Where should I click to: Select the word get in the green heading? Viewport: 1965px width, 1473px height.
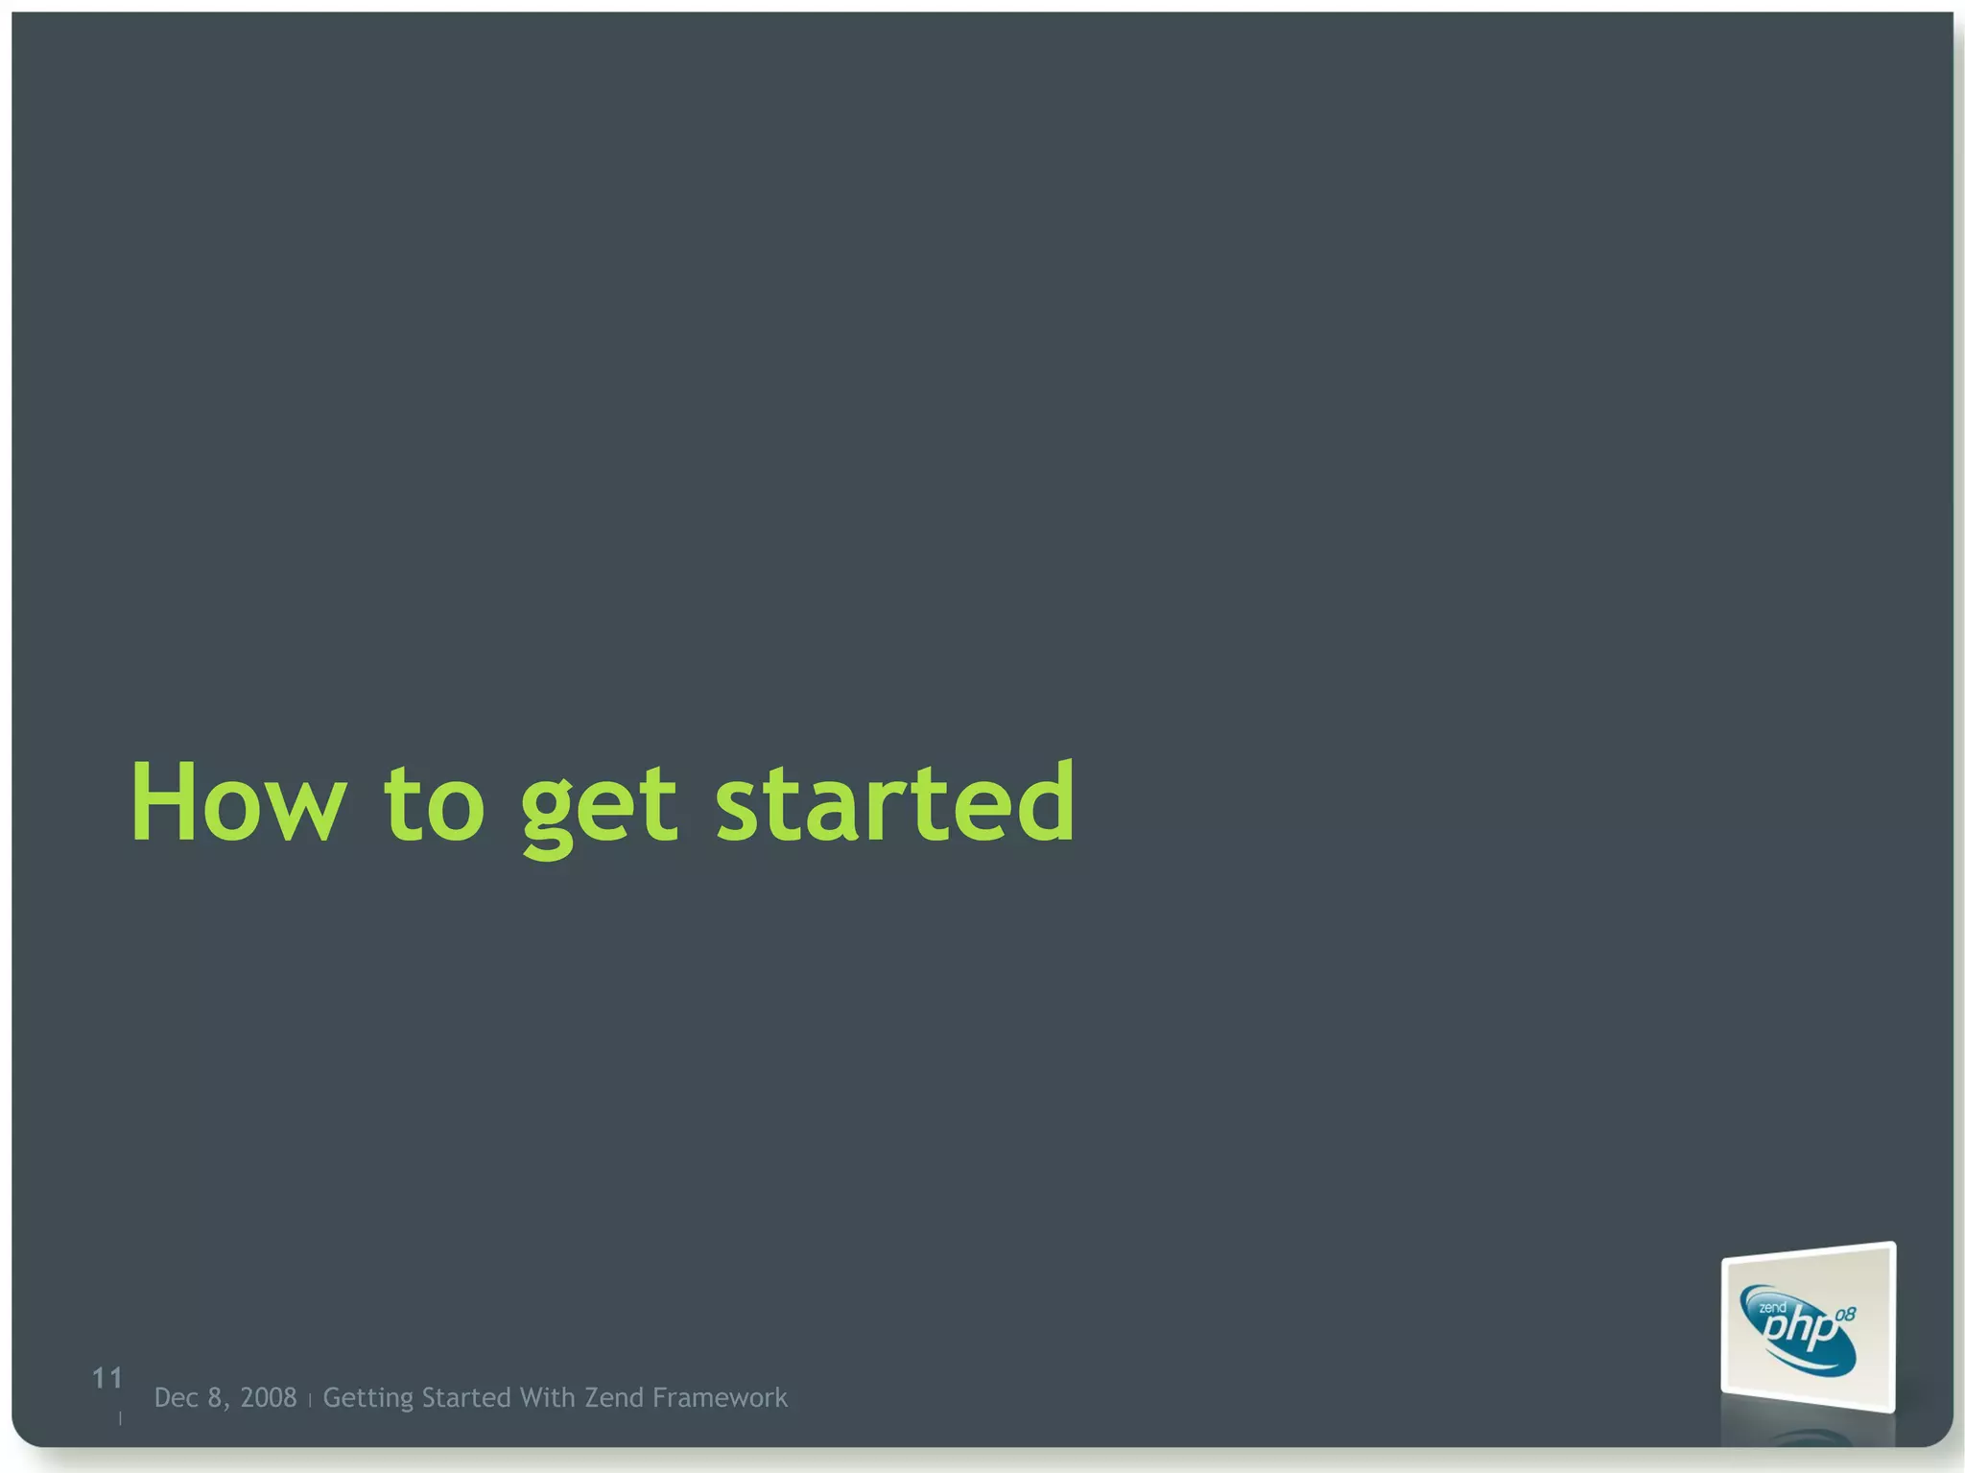pyautogui.click(x=599, y=806)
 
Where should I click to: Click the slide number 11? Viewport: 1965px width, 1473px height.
pyautogui.click(x=107, y=1379)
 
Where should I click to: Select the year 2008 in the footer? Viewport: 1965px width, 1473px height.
pyautogui.click(x=268, y=1398)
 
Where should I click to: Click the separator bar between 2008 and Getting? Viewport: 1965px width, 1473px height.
pyautogui.click(x=310, y=1401)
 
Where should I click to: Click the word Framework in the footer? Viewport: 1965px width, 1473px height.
pyautogui.click(x=720, y=1398)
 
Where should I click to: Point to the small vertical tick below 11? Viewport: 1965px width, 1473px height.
pyautogui.click(x=120, y=1417)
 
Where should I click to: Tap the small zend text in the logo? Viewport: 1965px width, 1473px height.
pyautogui.click(x=1771, y=1308)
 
